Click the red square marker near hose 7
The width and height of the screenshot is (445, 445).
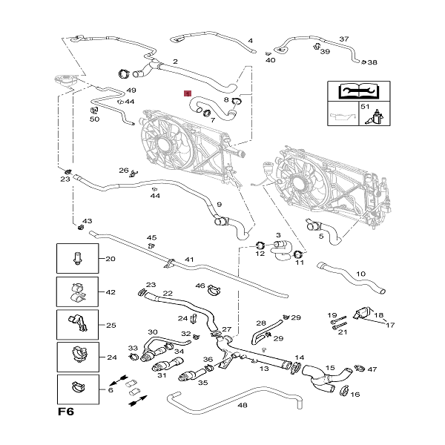click(188, 94)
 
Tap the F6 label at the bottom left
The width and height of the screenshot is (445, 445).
click(67, 410)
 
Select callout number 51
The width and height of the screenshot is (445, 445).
click(364, 108)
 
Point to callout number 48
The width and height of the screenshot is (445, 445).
click(242, 405)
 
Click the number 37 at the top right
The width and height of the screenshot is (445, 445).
click(343, 39)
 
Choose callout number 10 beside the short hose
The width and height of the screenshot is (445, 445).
click(360, 274)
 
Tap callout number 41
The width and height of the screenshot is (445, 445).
click(189, 260)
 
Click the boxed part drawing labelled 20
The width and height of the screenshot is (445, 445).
click(76, 259)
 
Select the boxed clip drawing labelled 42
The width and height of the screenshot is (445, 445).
click(76, 292)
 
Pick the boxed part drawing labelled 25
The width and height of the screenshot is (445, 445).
click(76, 325)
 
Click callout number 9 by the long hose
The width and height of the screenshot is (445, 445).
click(219, 205)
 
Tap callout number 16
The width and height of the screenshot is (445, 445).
click(355, 395)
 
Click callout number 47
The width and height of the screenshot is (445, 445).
click(372, 369)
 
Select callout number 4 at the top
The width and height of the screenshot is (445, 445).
click(250, 40)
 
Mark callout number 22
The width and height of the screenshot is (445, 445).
click(168, 294)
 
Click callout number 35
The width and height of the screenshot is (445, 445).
click(202, 383)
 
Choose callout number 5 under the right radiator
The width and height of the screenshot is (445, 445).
click(321, 237)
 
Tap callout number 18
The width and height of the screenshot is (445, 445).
click(378, 315)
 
